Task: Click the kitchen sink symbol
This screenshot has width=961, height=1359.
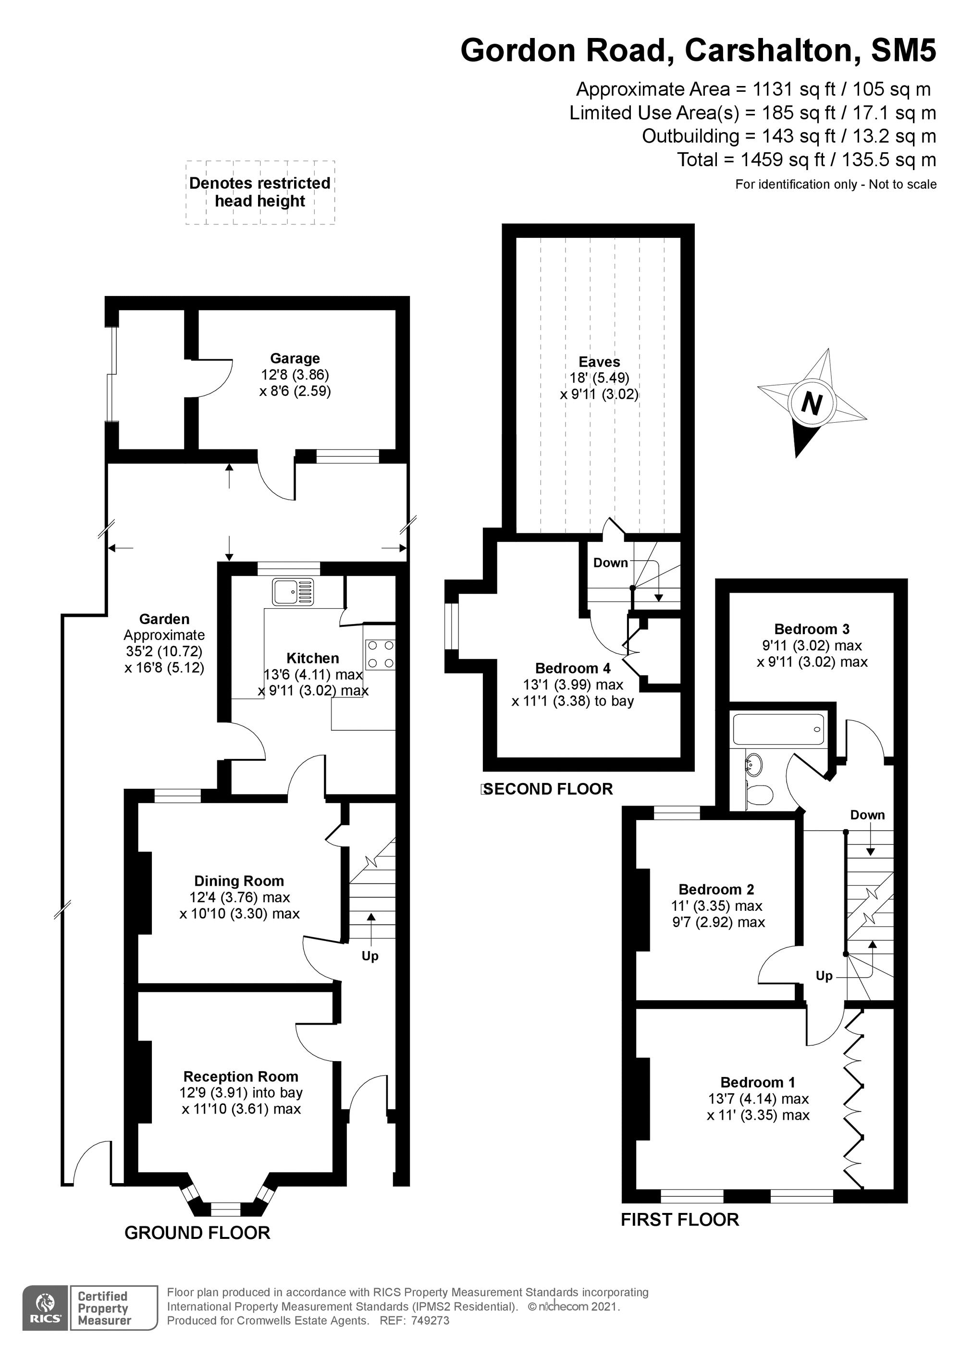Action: pos(293,592)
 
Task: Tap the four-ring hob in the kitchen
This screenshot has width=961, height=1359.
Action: pos(380,655)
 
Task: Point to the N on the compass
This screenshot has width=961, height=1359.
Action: pos(812,404)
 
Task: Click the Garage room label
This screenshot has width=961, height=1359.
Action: pos(295,358)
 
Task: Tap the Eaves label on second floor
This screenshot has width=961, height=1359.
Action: pos(599,362)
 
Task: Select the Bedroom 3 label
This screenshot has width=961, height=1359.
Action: pos(812,629)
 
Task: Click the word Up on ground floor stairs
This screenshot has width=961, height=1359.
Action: pos(370,956)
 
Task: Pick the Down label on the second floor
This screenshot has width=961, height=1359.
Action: pos(610,563)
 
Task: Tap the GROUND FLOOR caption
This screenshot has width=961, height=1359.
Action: pos(197,1233)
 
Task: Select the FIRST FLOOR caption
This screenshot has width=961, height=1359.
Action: pos(680,1219)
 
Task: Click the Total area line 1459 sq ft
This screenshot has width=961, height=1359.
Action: pos(806,160)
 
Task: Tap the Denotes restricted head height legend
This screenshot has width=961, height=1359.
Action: pos(260,192)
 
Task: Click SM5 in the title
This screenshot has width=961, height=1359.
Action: pos(903,50)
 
